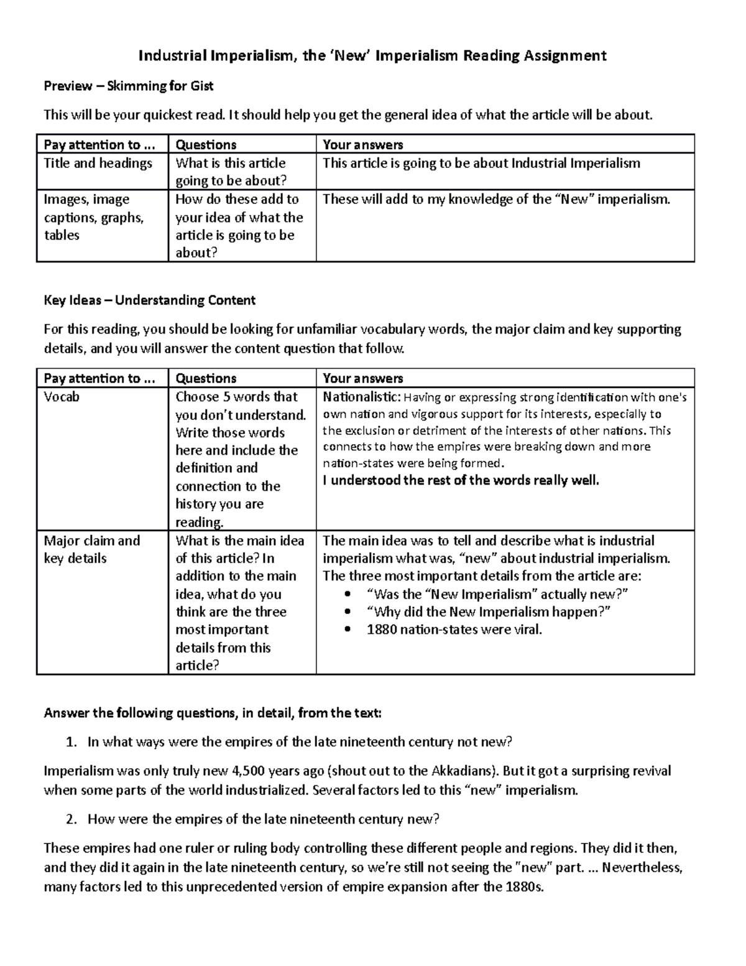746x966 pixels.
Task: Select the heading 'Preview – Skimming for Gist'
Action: [128, 86]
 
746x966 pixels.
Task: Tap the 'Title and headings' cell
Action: [98, 163]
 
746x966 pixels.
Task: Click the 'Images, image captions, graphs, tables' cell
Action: [87, 217]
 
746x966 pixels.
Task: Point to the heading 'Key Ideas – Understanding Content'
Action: [149, 300]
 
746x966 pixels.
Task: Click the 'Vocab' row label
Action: [62, 397]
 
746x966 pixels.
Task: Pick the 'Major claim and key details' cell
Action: [91, 549]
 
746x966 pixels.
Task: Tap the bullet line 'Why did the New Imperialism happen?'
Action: [489, 611]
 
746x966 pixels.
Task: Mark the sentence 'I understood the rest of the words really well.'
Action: [461, 480]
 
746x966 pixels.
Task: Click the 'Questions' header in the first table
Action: [206, 145]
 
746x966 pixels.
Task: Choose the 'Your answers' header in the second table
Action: [362, 378]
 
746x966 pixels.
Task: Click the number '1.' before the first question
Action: [71, 741]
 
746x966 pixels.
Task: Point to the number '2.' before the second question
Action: [71, 819]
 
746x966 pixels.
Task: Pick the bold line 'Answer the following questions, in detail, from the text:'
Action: [212, 713]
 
